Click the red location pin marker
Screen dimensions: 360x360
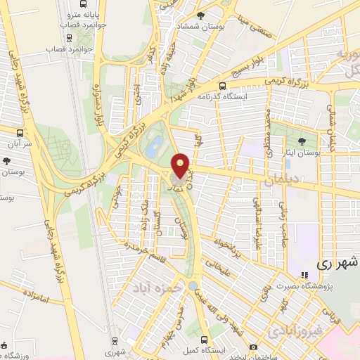(181, 165)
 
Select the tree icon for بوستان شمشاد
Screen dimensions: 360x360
(201, 15)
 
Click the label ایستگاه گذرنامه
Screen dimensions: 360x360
(222, 96)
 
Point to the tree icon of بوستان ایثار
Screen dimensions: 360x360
(302, 141)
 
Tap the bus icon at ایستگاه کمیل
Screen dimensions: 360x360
(205, 337)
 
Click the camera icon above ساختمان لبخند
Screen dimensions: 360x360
(253, 347)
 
